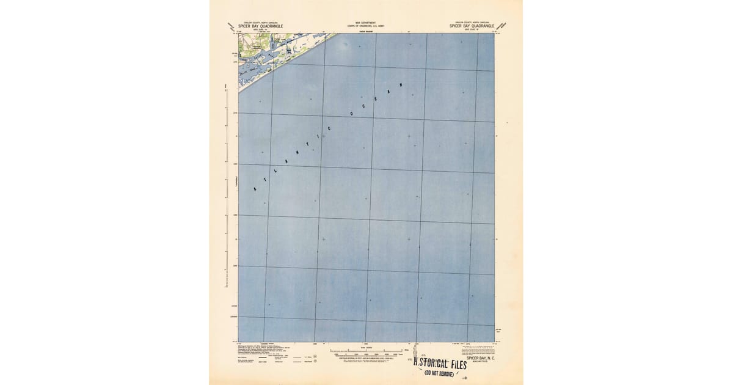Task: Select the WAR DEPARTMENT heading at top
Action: (366, 22)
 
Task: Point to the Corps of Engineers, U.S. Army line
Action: (366, 25)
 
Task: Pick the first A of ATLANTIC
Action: (255, 189)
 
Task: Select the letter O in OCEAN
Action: (352, 114)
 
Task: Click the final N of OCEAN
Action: (401, 86)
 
